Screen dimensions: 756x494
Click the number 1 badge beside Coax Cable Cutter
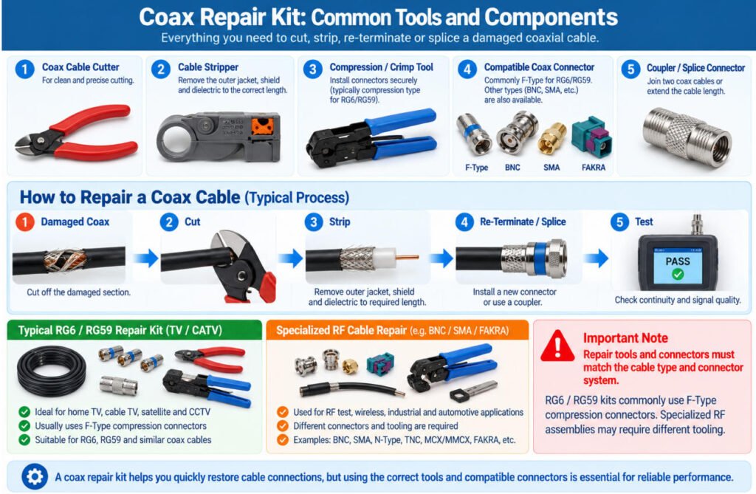(24, 69)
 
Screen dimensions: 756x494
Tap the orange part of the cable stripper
(262, 126)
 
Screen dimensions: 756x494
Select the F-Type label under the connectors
(476, 168)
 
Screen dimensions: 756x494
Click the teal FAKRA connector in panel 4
(591, 136)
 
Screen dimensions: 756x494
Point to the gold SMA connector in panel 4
(551, 138)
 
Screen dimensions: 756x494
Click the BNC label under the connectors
(512, 168)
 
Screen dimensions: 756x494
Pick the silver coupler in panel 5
(687, 137)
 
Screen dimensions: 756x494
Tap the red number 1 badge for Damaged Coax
(24, 222)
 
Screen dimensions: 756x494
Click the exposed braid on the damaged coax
(65, 261)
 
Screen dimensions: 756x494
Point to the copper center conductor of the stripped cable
(408, 258)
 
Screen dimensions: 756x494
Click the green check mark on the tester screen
(678, 275)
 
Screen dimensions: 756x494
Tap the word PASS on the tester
(678, 261)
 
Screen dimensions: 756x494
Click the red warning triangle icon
(558, 346)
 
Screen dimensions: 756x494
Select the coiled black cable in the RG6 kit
(52, 371)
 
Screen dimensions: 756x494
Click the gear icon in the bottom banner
(35, 476)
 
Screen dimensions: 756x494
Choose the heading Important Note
(625, 337)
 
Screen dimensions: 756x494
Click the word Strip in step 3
(340, 222)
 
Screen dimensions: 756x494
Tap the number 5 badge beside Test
(619, 222)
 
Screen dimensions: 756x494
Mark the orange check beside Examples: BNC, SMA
(283, 440)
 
